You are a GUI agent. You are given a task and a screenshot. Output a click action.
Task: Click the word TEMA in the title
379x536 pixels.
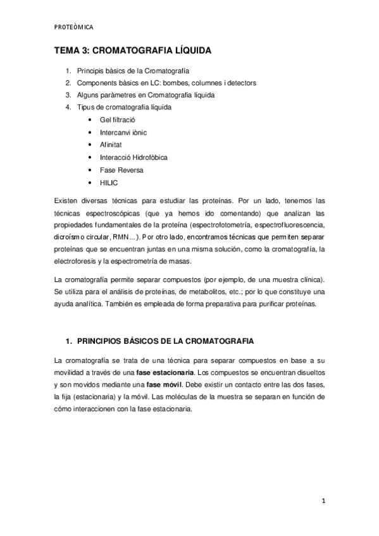pyautogui.click(x=66, y=51)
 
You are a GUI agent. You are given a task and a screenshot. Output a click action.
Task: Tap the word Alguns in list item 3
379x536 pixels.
pyautogui.click(x=89, y=95)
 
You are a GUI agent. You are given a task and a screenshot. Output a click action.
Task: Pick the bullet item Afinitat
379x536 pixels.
pyautogui.click(x=111, y=144)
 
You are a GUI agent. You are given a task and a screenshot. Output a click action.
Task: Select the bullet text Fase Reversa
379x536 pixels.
pyautogui.click(x=121, y=169)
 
